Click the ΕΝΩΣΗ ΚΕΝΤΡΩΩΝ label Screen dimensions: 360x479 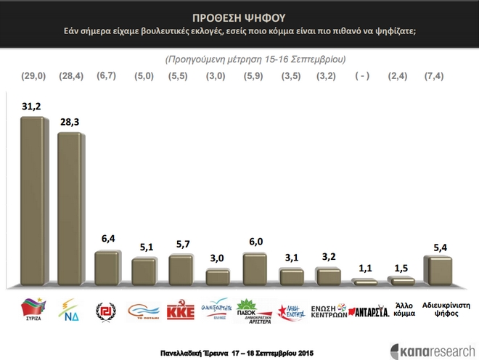pos(327,311)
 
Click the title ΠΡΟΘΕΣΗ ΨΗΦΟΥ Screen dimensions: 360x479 pos(239,16)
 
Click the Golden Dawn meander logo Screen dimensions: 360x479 pos(107,311)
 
